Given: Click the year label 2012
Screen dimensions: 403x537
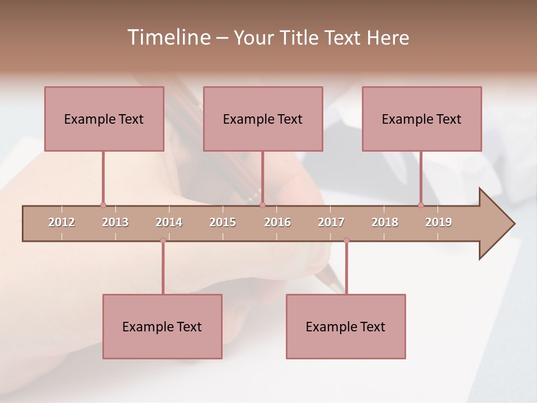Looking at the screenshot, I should point(62,222).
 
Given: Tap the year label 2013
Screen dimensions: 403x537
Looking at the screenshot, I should point(115,222).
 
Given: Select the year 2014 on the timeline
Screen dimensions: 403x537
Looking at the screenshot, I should point(169,222).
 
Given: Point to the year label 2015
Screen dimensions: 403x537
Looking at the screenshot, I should point(223,222).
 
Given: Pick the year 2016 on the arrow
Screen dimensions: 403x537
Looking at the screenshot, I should point(277,222).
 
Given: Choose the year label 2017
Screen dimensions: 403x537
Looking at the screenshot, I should point(331,222).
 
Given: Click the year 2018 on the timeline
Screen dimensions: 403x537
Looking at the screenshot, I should point(385,222).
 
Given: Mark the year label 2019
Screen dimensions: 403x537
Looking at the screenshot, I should point(439,222).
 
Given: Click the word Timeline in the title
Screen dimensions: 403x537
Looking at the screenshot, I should point(168,38).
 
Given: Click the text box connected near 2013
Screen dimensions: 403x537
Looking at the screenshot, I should point(104,119).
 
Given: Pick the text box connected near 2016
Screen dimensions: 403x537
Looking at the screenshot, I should point(263,119).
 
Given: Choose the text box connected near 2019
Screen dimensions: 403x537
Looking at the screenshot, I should point(422,119).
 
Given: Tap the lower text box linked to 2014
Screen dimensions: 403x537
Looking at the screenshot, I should point(162,326).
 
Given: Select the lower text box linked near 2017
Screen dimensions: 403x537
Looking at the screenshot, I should point(346,326).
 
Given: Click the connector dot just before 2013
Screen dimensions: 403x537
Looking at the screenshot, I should point(103,205).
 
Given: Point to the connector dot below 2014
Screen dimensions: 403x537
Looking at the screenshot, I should point(163,240).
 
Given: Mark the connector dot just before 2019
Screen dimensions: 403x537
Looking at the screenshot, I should point(421,205).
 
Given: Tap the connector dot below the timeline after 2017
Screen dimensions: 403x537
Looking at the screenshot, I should point(346,240).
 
